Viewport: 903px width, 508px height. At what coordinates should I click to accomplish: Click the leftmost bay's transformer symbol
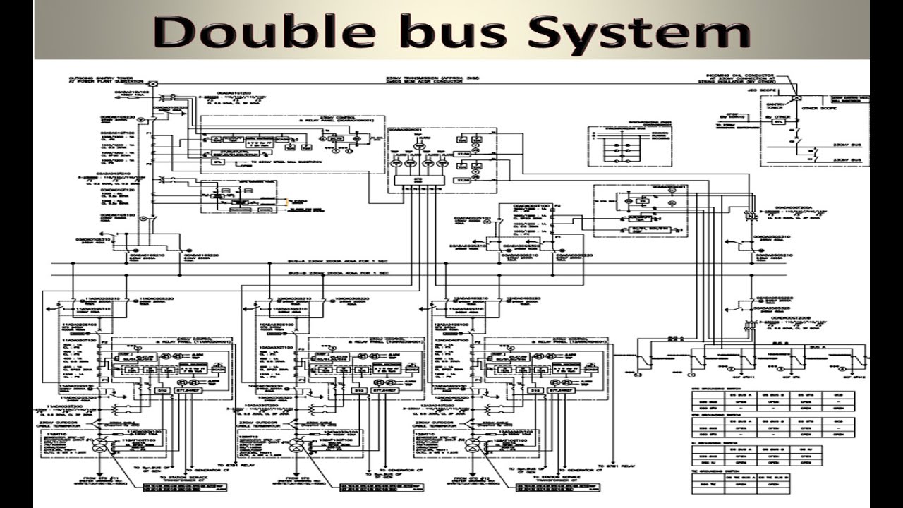101,445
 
